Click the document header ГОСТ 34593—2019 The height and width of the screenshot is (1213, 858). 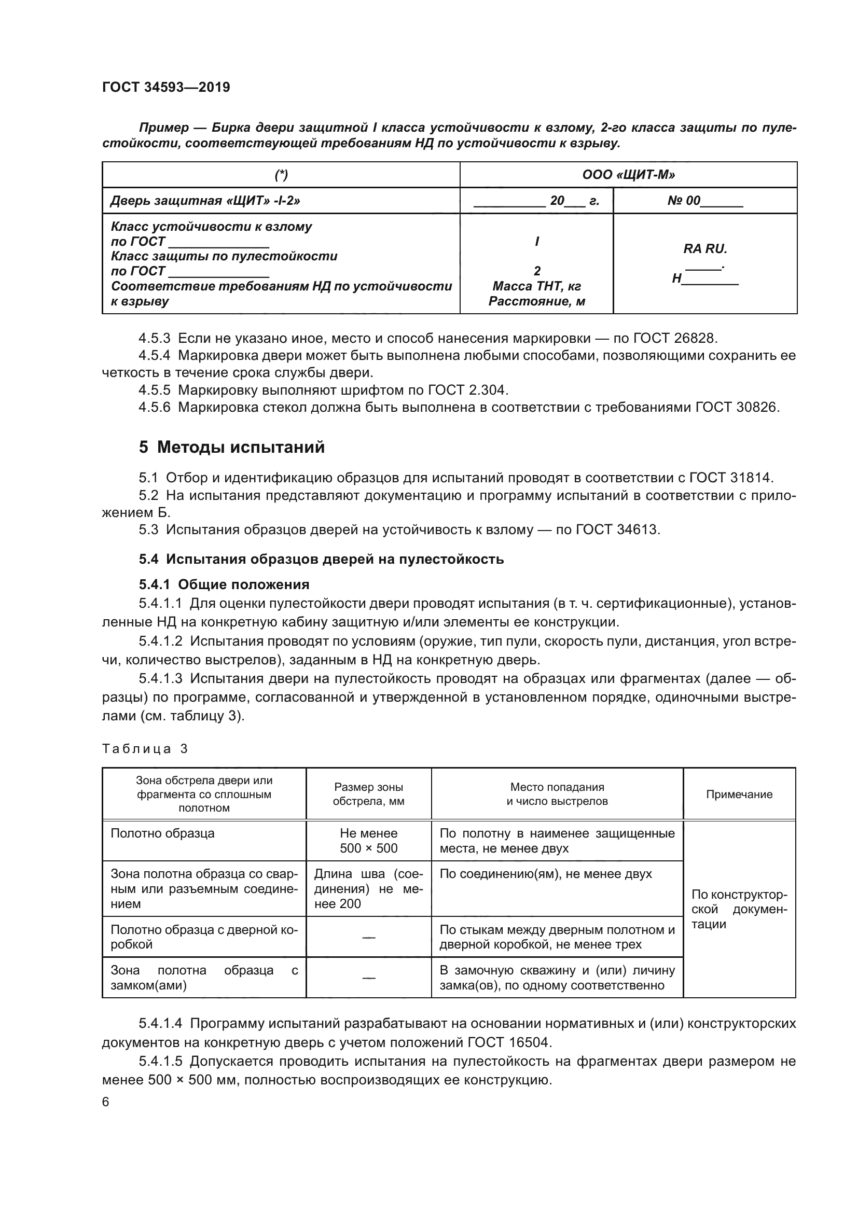click(x=166, y=87)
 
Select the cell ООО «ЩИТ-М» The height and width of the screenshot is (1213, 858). click(x=628, y=174)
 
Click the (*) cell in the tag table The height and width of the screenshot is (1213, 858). click(x=281, y=174)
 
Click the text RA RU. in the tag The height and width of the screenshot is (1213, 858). click(x=705, y=248)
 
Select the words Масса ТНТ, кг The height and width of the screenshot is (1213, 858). click(x=536, y=286)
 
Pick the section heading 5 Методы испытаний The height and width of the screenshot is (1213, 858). click(x=231, y=447)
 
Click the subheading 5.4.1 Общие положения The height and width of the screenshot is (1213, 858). click(x=224, y=584)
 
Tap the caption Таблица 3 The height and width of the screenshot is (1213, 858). click(x=145, y=749)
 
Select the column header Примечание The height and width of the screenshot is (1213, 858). click(x=739, y=794)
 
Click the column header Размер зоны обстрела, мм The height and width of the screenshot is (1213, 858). click(x=368, y=794)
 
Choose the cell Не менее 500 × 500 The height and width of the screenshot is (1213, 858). click(x=368, y=841)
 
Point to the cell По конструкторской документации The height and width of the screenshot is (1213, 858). click(x=739, y=909)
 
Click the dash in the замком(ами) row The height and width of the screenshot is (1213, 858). click(x=368, y=978)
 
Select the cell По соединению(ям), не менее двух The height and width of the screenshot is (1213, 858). click(x=545, y=874)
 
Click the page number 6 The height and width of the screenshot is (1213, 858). click(x=106, y=1102)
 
